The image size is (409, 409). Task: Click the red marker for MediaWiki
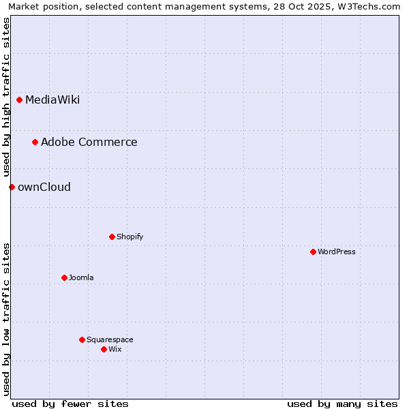pos(20,100)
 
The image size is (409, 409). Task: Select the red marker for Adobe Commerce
pos(35,142)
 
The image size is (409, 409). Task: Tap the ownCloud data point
pos(12,187)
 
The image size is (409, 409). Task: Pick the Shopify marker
pos(112,237)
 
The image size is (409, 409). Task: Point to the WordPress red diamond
pos(313,252)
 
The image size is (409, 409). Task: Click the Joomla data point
pos(64,277)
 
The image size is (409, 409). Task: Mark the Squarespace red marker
pos(82,339)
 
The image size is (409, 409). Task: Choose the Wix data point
pos(104,349)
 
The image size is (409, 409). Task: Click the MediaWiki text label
pos(52,100)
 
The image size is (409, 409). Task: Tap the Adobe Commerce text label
pos(89,142)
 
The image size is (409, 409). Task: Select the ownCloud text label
pos(44,187)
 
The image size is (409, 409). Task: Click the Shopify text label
pos(130,237)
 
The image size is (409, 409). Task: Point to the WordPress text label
pos(336,252)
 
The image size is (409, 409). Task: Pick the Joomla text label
pos(81,277)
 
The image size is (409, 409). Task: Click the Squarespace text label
pos(110,339)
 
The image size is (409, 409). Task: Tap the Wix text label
pos(115,349)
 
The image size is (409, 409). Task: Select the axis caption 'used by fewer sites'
pos(70,404)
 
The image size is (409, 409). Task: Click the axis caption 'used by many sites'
pos(342,404)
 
